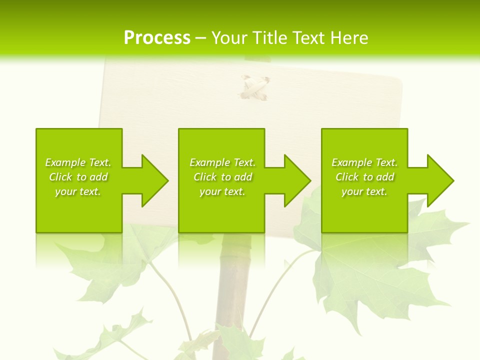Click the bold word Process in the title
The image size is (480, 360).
coord(157,38)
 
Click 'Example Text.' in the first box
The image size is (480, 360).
coord(78,162)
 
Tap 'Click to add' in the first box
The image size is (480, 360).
coord(78,177)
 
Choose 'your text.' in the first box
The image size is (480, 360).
coord(78,191)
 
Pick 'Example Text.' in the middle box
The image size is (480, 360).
coord(222,162)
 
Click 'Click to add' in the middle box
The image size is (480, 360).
coord(222,177)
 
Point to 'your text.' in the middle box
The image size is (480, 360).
coord(222,191)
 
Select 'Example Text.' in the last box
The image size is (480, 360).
coord(364,162)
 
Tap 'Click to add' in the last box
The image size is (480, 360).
coord(364,177)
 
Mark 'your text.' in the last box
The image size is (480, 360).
coord(364,191)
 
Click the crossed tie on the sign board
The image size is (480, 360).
coord(254,87)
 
